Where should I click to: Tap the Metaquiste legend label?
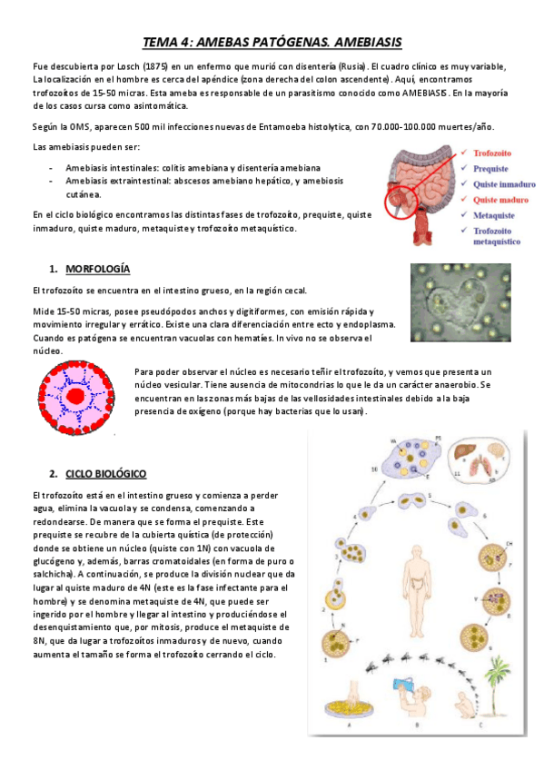tap(494, 215)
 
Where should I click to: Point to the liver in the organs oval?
tap(470, 450)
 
